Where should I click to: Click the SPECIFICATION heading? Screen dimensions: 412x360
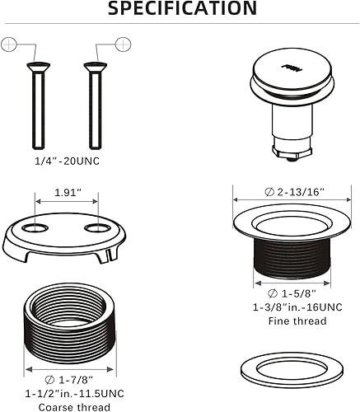[182, 9]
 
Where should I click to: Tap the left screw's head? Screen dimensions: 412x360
[33, 66]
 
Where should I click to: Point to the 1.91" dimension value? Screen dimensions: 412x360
[67, 192]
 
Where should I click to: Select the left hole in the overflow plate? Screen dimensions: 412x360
[35, 226]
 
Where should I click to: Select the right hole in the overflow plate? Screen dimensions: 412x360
[98, 226]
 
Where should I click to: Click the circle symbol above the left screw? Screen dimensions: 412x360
[11, 42]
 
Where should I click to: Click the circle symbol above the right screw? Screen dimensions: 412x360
[122, 42]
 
